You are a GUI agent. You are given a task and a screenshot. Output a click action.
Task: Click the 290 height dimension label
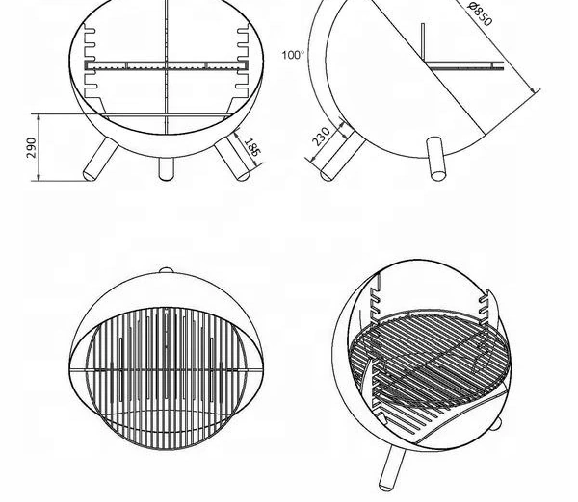[x=33, y=148]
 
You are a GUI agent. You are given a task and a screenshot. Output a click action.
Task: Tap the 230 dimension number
[x=321, y=137]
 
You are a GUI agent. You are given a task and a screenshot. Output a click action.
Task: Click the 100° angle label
[x=293, y=55]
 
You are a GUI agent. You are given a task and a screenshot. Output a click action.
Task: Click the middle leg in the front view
[x=166, y=169]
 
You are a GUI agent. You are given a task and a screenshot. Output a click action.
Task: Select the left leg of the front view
[x=100, y=159]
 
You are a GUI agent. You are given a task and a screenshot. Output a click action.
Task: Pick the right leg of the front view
[x=232, y=158]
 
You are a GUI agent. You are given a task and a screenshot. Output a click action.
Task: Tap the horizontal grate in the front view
[x=167, y=66]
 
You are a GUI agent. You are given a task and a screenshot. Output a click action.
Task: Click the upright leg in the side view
[x=435, y=159]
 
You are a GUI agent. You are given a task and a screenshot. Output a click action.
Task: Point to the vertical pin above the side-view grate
[x=423, y=43]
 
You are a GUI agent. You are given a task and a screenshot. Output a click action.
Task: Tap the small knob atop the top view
[x=166, y=270]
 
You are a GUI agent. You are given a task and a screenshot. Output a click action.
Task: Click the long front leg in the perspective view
[x=392, y=466]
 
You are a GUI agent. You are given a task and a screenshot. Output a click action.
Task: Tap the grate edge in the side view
[x=464, y=66]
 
